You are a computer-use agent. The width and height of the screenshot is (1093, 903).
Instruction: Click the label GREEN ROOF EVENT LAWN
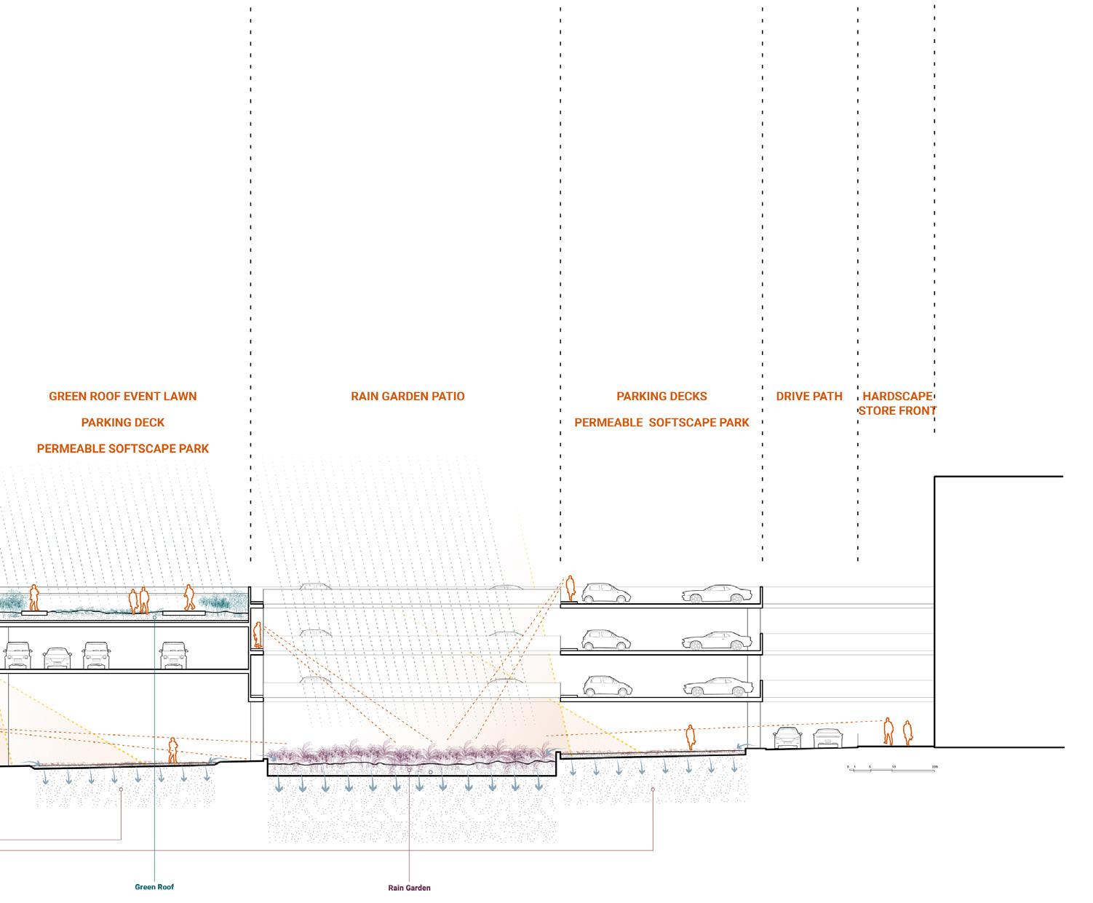[122, 397]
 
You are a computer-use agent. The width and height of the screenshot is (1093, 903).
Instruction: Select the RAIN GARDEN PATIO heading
[408, 397]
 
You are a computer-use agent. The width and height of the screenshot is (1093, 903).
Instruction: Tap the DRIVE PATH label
[809, 397]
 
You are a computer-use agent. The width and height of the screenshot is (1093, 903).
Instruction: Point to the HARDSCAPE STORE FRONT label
[897, 403]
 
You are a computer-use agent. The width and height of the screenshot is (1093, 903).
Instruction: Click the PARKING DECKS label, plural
[661, 397]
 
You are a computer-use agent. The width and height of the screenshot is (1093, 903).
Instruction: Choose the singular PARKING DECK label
[122, 423]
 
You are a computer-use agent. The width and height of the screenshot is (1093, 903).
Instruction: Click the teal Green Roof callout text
[154, 887]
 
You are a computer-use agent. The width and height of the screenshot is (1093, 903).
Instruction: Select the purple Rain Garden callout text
[409, 888]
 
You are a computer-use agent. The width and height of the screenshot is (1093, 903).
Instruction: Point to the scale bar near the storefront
[892, 768]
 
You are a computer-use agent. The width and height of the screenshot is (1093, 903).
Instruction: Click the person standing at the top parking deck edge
[571, 589]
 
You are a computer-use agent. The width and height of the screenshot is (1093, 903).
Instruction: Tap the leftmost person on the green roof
[33, 597]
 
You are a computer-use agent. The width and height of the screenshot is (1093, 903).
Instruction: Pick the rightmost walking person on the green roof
[189, 597]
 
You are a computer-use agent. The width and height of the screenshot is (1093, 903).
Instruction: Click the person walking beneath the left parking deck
[172, 750]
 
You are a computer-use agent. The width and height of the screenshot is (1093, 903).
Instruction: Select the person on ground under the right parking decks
[690, 737]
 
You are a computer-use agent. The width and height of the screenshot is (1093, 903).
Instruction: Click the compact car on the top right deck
[605, 592]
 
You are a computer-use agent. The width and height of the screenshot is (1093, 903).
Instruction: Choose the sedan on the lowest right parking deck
[717, 687]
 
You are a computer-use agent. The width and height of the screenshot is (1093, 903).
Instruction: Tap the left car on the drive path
[787, 737]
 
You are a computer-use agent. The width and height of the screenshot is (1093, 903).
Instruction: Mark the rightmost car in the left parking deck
[175, 655]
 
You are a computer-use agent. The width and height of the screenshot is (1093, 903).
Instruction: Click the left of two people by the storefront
[888, 731]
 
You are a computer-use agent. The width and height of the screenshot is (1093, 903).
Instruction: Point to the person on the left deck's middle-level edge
[257, 635]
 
